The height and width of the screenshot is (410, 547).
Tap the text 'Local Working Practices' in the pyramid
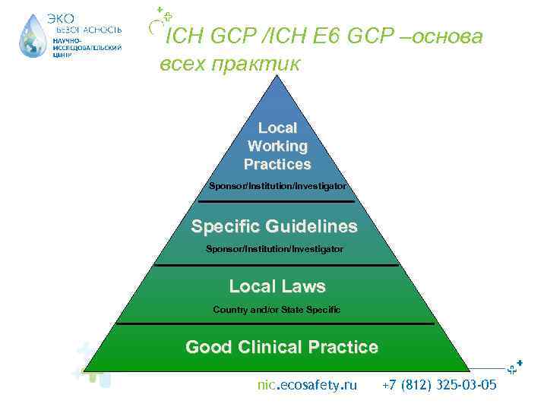[x=277, y=146]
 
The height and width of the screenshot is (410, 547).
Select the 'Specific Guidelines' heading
[x=274, y=226]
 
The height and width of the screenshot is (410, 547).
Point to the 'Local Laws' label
[x=277, y=286]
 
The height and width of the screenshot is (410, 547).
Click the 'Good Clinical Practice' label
[x=281, y=347]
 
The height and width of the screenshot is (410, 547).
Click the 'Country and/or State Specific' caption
[x=277, y=310]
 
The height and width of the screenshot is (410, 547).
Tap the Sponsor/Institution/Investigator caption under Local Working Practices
[x=277, y=185]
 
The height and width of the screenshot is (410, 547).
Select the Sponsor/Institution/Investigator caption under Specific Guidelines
[x=274, y=249]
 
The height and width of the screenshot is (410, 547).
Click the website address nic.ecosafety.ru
[x=307, y=385]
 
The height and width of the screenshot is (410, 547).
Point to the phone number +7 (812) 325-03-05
[x=439, y=385]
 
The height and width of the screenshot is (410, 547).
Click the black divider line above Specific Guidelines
[x=277, y=202]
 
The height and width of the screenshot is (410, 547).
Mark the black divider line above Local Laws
[x=277, y=265]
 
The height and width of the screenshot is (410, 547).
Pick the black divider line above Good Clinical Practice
[x=277, y=324]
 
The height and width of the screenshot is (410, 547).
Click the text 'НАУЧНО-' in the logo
[x=67, y=39]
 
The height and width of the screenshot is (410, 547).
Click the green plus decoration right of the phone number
[x=516, y=367]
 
